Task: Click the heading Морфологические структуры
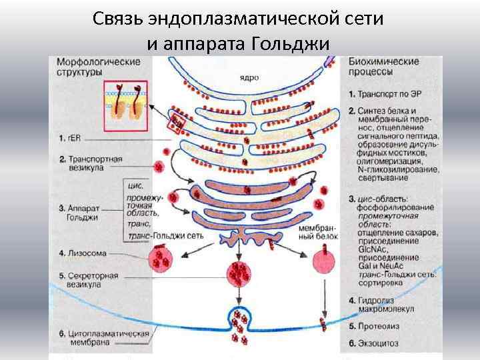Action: tap(98, 66)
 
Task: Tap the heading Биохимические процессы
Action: tap(384, 66)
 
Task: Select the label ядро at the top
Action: tap(249, 77)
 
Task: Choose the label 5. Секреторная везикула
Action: tap(89, 279)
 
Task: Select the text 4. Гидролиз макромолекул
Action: tap(387, 304)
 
